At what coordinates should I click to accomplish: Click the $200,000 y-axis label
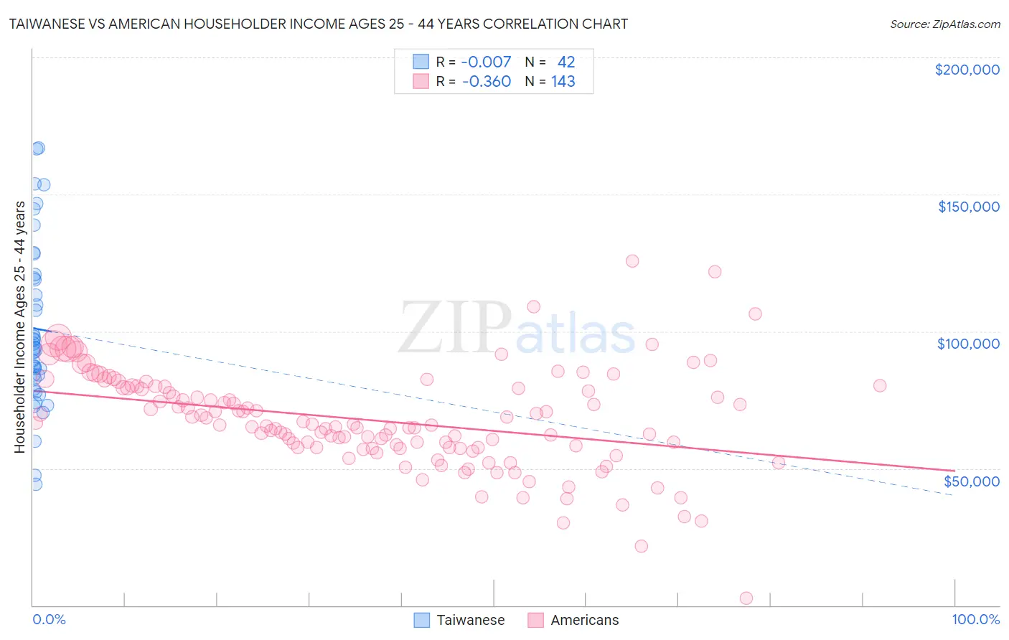coord(967,70)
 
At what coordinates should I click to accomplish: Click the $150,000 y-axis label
coord(968,207)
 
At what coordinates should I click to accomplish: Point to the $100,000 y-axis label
coord(968,344)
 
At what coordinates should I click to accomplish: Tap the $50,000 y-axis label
coord(971,481)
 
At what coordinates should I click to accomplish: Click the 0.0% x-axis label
coord(49,619)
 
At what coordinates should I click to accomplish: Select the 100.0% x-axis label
coord(975,619)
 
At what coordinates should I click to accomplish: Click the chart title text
coord(318,24)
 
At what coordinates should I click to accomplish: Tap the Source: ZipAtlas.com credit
coord(944,24)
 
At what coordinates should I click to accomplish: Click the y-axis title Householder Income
coord(19,327)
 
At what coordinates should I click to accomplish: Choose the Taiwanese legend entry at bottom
coord(459,620)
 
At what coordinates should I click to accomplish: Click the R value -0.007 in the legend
coord(486,62)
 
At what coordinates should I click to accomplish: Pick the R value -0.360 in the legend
coord(486,81)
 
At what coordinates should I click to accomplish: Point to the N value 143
coord(563,81)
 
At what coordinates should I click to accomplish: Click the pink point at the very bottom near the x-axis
coord(746,598)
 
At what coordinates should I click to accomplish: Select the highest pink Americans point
coord(632,261)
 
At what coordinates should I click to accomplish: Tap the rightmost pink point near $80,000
coord(880,385)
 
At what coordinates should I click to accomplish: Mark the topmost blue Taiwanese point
coord(38,148)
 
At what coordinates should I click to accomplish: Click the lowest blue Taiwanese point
coord(35,484)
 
